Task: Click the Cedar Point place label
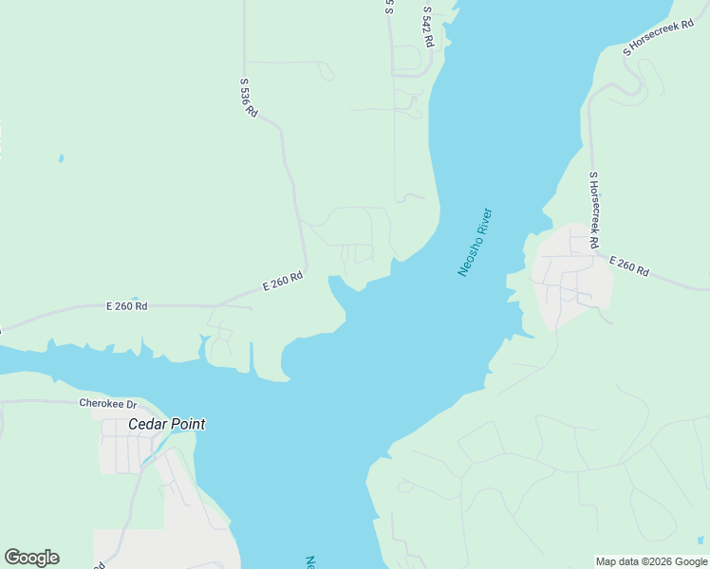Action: pyautogui.click(x=166, y=425)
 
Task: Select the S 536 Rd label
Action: pyautogui.click(x=249, y=97)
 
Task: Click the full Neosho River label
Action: pyautogui.click(x=476, y=242)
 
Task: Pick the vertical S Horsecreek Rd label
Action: pyautogui.click(x=594, y=210)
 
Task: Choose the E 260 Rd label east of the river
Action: pyautogui.click(x=628, y=266)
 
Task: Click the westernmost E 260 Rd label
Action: pyautogui.click(x=126, y=306)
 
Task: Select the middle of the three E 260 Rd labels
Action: pyautogui.click(x=283, y=282)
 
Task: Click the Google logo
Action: pyautogui.click(x=31, y=558)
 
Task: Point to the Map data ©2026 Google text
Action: pyautogui.click(x=651, y=561)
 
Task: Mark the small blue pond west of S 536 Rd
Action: pyautogui.click(x=61, y=158)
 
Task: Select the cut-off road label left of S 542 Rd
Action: pyautogui.click(x=389, y=7)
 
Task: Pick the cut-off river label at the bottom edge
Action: pyautogui.click(x=310, y=562)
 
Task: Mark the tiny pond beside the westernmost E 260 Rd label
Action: pyautogui.click(x=135, y=298)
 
